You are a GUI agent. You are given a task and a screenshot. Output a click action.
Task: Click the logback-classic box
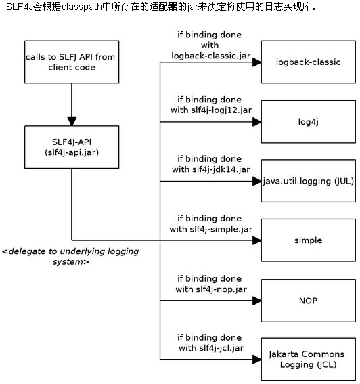tap(309, 62)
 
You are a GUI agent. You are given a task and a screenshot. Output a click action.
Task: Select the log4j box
tap(309, 121)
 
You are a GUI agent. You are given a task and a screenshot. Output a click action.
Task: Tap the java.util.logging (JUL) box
tap(309, 181)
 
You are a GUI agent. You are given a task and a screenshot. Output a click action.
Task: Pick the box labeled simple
tap(309, 240)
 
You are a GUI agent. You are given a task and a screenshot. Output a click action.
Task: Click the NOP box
tap(309, 301)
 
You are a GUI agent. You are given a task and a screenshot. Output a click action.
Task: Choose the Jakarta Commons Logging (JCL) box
tap(309, 359)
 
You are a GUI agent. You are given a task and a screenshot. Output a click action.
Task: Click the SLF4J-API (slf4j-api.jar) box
tap(72, 147)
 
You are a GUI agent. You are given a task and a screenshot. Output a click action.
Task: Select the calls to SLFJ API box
tap(72, 62)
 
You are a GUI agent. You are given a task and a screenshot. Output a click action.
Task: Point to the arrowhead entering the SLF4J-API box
tap(72, 121)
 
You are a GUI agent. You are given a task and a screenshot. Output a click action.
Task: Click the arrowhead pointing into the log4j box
tap(257, 122)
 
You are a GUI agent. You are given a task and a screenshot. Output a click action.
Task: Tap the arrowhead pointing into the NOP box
tap(257, 301)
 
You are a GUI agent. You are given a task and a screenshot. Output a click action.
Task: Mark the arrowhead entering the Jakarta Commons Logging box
tap(257, 360)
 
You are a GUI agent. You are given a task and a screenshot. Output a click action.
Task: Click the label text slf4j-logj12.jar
tap(221, 110)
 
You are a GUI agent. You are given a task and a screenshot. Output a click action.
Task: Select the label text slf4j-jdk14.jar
tap(221, 170)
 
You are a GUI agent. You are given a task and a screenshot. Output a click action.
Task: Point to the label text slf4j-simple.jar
tap(221, 229)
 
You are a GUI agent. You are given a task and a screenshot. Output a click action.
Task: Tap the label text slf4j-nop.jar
tap(221, 289)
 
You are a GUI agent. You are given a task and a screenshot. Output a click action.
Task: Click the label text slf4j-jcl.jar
tap(221, 348)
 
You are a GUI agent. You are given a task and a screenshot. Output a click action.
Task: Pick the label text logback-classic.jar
tap(211, 56)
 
